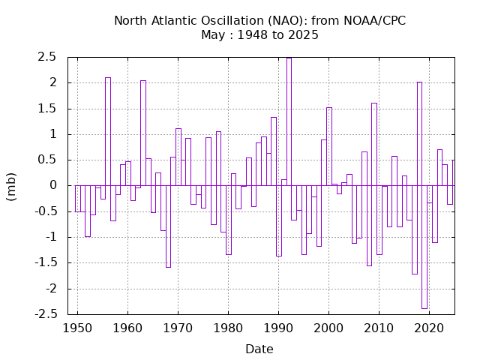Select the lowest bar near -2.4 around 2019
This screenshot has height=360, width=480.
[x=424, y=247]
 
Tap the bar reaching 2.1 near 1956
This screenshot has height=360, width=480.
[x=108, y=131]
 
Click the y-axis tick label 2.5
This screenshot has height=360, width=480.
[x=46, y=57]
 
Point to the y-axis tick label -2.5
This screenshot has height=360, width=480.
[x=45, y=314]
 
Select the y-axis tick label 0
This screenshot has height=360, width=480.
[x=53, y=185]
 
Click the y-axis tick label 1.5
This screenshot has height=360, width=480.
[x=46, y=109]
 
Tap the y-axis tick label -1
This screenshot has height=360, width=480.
[x=50, y=237]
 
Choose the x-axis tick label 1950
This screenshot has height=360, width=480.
[x=77, y=328]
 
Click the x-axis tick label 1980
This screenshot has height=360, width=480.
[x=228, y=328]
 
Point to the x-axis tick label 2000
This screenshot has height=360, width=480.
[x=328, y=328]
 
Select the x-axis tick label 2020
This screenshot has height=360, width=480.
[x=429, y=328]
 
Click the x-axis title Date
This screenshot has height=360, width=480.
[x=259, y=349]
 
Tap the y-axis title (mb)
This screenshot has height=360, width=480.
[x=12, y=185]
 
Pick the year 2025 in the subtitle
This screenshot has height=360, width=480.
[x=302, y=34]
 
